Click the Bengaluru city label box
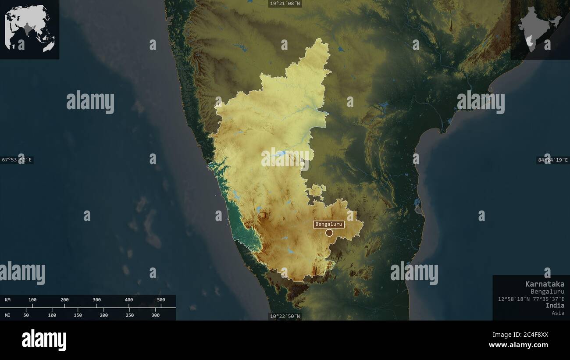(x=328, y=224)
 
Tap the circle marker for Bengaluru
(x=329, y=233)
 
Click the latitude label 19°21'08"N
(x=285, y=4)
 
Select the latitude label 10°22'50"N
(x=285, y=316)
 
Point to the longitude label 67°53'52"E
(x=17, y=160)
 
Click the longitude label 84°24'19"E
(x=553, y=160)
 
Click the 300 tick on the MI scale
(x=156, y=315)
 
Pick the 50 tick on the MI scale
(x=26, y=315)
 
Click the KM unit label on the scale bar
(x=8, y=300)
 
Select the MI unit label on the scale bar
(x=8, y=315)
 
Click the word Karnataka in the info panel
(x=545, y=284)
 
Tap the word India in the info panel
(x=555, y=305)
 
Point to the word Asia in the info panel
(x=558, y=313)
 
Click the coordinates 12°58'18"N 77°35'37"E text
(x=531, y=299)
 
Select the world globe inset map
(x=29, y=29)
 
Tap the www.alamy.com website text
(x=518, y=345)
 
